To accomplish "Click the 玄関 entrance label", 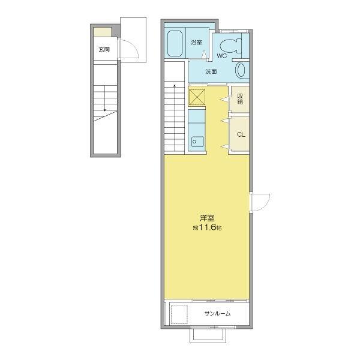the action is tap(104, 49).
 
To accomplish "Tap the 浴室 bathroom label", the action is tap(197, 43).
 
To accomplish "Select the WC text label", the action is tap(221, 56).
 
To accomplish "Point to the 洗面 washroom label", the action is tap(211, 71).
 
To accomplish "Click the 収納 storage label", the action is tap(240, 99).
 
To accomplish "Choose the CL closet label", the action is tap(241, 135).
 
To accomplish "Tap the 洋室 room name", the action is tap(207, 218).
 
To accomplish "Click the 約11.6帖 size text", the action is tap(207, 227).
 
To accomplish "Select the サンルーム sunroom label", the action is tap(217, 313).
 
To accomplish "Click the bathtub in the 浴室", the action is tap(175, 44).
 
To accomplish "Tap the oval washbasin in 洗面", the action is tap(241, 70).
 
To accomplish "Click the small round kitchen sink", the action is tap(194, 142).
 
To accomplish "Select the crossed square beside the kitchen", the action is tap(197, 97).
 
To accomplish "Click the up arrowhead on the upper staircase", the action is tap(175, 86).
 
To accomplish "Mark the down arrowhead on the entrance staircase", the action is tap(104, 110).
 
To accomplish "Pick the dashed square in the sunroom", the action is tap(179, 314).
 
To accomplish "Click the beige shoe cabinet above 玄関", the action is tap(103, 32).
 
